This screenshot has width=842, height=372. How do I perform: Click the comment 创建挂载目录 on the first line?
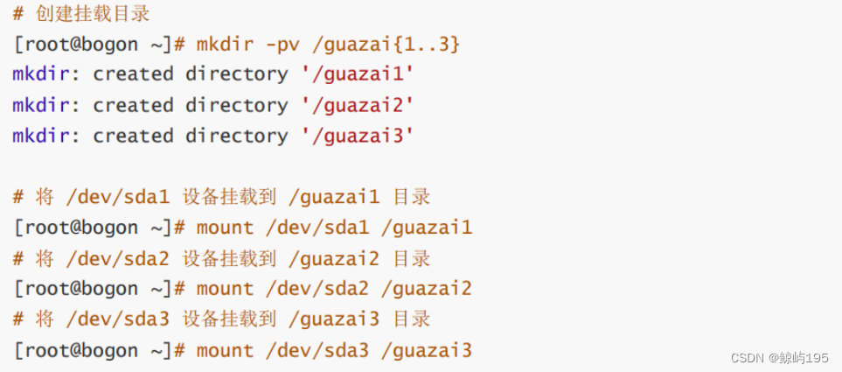pyautogui.click(x=91, y=13)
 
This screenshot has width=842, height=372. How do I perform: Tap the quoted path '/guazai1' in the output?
pyautogui.click(x=356, y=74)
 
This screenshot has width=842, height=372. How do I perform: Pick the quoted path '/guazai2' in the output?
pyautogui.click(x=356, y=105)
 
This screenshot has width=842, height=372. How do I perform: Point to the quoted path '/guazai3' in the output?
pyautogui.click(x=356, y=136)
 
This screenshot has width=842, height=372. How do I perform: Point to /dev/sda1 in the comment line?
pyautogui.click(x=117, y=197)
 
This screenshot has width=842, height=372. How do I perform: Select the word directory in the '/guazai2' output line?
pyautogui.click(x=236, y=105)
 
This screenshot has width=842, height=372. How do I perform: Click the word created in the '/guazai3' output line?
pyautogui.click(x=134, y=136)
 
